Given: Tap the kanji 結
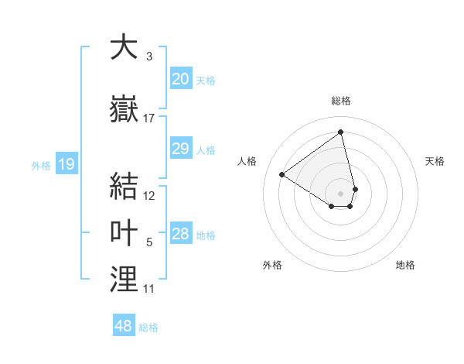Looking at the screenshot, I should coord(124,186).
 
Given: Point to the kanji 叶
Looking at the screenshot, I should coord(124,233).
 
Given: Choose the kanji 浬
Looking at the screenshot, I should coord(124,279).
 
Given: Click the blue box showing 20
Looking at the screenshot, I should coord(180,79).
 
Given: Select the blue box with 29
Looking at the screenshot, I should coord(180,149).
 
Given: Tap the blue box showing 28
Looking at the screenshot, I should coord(180,235).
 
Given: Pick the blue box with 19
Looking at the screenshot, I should coord(66,163).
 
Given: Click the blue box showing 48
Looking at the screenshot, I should coord(124,326).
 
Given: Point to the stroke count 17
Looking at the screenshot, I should coord(149,118).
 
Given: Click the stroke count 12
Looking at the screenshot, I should coord(149,197).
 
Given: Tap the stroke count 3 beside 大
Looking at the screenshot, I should coord(148,57).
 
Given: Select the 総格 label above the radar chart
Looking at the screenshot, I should coord(340,101).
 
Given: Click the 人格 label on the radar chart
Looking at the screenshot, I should coord(247,161).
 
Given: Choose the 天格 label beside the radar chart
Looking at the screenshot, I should coord(435,161).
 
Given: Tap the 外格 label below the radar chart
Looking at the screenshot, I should coord(272,265).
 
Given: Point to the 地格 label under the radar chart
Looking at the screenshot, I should coord(405,265).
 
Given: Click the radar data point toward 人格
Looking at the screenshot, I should coord(282,174).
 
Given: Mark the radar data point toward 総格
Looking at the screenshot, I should coord(340,132).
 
